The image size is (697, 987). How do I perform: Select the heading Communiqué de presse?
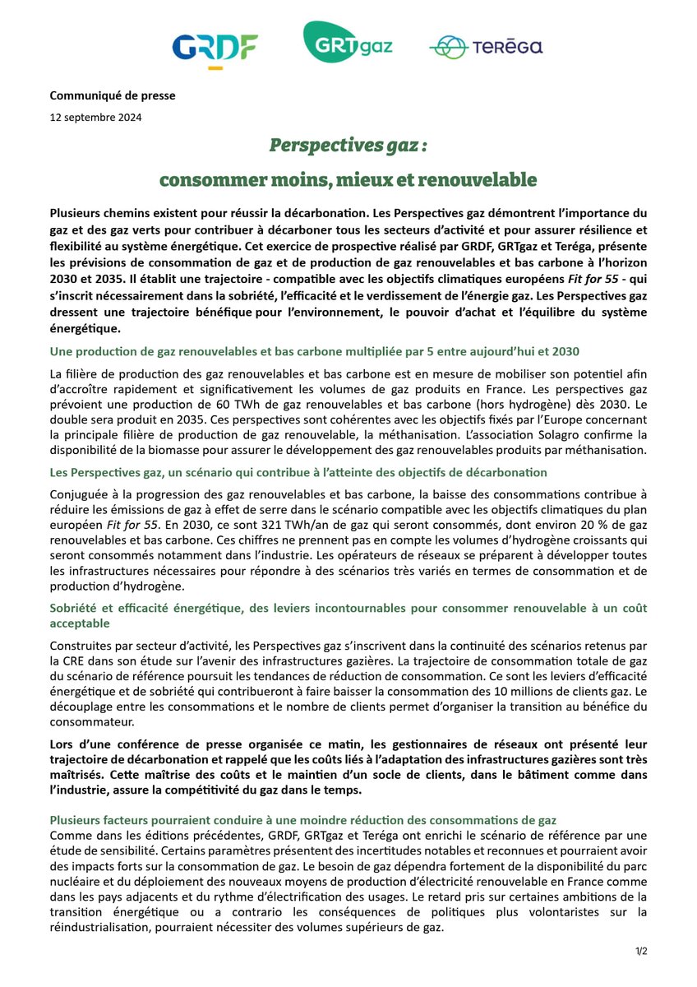pyautogui.click(x=113, y=95)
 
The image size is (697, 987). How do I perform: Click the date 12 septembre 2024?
pyautogui.click(x=95, y=117)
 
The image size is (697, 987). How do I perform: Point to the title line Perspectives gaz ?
pyautogui.click(x=348, y=146)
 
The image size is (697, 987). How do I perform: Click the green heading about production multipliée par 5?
pyautogui.click(x=315, y=351)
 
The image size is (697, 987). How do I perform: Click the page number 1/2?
pyautogui.click(x=641, y=952)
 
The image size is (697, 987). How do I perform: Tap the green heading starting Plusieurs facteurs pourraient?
pyautogui.click(x=302, y=820)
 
